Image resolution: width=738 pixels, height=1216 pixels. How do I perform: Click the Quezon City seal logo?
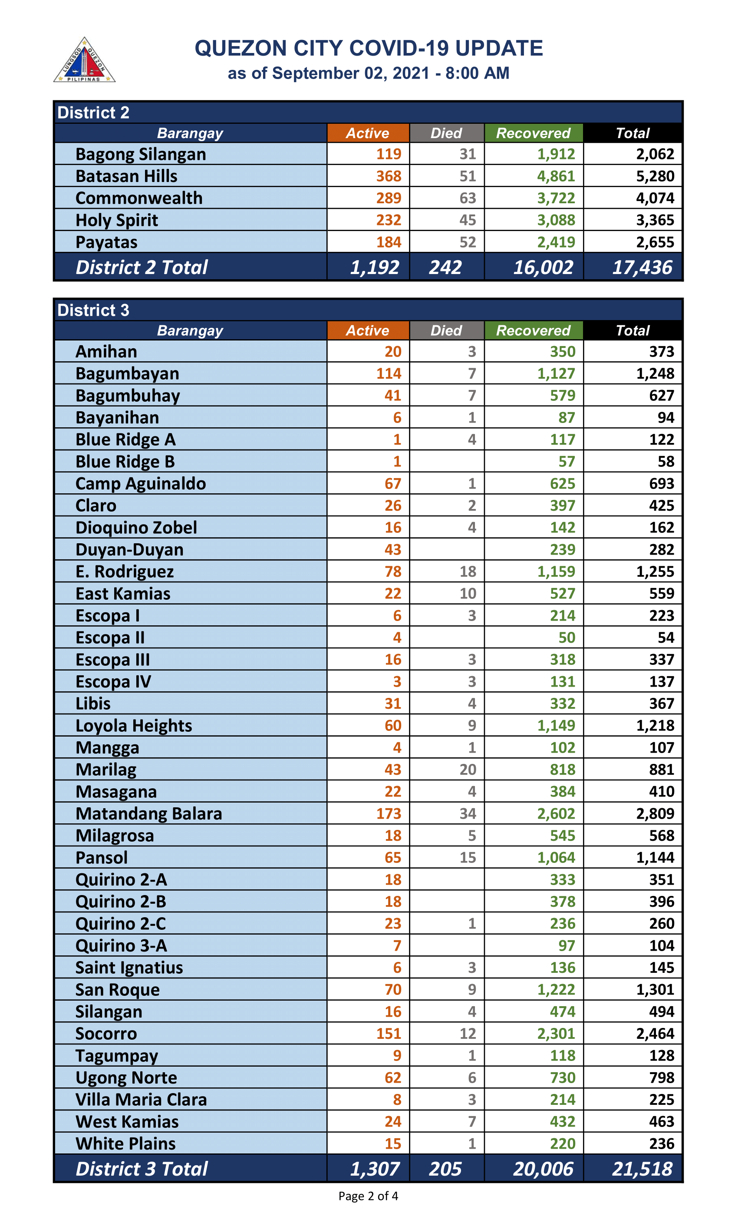(x=84, y=60)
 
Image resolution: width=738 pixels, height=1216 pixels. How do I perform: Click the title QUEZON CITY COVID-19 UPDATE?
(x=369, y=48)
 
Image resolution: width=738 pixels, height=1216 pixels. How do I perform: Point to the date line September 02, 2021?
(x=369, y=73)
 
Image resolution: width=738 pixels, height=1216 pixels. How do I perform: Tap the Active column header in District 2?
(x=368, y=133)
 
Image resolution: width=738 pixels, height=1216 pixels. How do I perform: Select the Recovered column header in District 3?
(x=533, y=330)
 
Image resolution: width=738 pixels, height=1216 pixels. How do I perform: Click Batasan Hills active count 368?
(x=389, y=176)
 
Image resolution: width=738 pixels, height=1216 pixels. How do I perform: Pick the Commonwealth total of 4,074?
(x=655, y=198)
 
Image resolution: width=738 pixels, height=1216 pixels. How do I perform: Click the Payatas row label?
(x=106, y=242)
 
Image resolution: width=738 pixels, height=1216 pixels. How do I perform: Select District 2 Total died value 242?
(x=445, y=268)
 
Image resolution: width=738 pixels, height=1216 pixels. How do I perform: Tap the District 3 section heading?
(x=93, y=310)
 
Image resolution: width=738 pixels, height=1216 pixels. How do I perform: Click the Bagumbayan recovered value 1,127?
(x=556, y=373)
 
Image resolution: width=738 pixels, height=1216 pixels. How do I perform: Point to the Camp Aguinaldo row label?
(x=141, y=484)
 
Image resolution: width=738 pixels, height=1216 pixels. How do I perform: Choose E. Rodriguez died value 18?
(x=468, y=572)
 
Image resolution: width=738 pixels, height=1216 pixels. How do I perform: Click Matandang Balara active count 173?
(x=389, y=813)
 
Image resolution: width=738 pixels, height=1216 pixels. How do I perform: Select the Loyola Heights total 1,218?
(x=655, y=725)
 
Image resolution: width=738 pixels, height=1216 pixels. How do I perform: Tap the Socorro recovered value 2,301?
(x=556, y=1034)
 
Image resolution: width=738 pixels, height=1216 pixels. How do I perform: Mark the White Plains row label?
(x=125, y=1143)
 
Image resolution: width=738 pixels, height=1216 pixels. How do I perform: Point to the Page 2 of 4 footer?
(x=368, y=1196)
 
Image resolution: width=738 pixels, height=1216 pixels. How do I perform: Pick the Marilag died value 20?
(x=468, y=770)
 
